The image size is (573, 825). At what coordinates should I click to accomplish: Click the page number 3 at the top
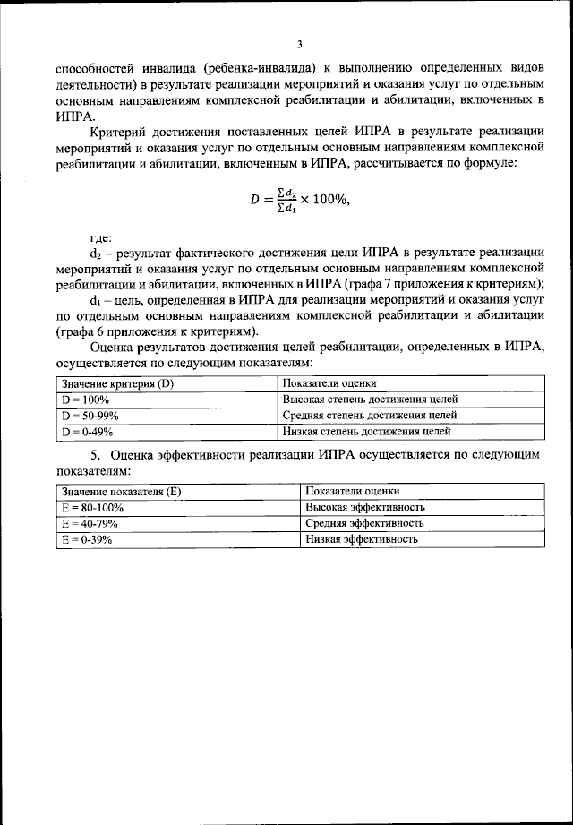click(299, 43)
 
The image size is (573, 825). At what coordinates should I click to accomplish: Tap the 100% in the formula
click(326, 200)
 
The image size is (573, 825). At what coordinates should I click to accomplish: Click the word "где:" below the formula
click(101, 238)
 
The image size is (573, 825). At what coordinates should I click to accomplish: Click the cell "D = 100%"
click(84, 400)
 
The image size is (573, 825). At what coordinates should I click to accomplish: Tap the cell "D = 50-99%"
click(90, 416)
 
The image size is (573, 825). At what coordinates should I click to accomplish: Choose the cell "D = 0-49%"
click(87, 431)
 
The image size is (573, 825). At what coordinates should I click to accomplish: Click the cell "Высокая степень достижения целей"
click(370, 400)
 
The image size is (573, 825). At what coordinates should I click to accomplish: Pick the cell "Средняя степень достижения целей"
click(370, 416)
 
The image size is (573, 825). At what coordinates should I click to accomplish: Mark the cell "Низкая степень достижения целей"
click(366, 431)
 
